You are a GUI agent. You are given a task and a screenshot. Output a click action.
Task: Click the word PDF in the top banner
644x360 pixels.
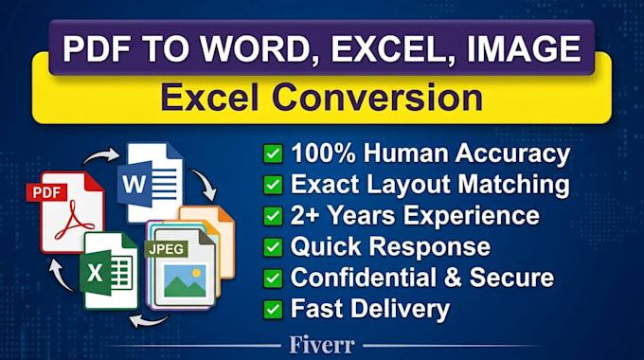click(97, 49)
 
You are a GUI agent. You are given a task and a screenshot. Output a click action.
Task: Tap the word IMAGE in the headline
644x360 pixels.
click(524, 49)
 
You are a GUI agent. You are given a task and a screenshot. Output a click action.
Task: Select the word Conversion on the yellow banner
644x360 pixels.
click(377, 98)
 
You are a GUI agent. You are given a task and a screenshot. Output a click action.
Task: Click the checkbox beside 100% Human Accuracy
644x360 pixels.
click(273, 153)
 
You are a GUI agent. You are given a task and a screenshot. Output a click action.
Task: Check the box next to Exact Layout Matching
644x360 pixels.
click(273, 185)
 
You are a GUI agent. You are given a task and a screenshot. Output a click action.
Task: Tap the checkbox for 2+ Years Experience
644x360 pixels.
click(273, 216)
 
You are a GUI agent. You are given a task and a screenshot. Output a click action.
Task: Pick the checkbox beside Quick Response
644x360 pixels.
click(273, 247)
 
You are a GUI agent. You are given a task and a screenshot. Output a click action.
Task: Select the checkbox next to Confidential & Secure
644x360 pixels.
click(273, 279)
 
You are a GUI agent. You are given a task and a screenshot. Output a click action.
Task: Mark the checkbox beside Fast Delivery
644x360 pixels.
click(273, 310)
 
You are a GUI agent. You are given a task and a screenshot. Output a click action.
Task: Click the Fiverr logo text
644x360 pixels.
click(322, 345)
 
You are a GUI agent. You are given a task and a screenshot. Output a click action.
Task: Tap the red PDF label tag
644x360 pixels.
click(46, 192)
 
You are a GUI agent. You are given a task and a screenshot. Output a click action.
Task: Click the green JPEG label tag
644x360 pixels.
click(166, 249)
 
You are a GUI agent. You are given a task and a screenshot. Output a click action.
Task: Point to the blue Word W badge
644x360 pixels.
click(134, 184)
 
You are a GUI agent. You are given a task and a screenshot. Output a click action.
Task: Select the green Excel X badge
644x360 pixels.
click(96, 273)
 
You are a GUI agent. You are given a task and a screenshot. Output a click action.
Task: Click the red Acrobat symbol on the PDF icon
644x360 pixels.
click(74, 220)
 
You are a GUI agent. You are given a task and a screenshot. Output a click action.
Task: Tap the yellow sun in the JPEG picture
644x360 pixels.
click(196, 273)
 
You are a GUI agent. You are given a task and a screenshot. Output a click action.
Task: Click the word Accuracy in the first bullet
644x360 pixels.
click(512, 154)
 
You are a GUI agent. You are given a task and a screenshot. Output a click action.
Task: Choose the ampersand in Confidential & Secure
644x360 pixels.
click(453, 278)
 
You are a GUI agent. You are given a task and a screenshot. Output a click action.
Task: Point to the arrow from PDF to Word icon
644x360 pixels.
click(101, 156)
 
